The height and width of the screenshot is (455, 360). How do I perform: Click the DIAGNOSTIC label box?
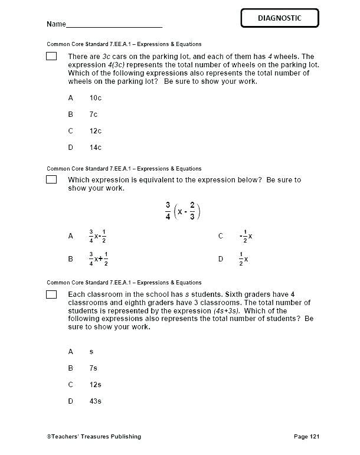click(x=279, y=18)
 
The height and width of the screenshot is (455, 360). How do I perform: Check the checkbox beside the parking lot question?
click(x=51, y=56)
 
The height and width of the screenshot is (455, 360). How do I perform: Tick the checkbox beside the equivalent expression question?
click(x=51, y=179)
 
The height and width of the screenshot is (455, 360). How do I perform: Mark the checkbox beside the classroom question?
click(x=51, y=294)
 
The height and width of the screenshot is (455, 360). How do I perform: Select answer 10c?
click(x=96, y=97)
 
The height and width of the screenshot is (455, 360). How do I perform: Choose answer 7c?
click(x=93, y=114)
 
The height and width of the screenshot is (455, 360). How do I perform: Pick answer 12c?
click(x=96, y=130)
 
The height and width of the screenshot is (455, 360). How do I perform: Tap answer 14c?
click(x=96, y=147)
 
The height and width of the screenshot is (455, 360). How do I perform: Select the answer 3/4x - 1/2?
click(x=97, y=236)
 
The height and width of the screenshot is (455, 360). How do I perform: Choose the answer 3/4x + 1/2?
click(x=97, y=258)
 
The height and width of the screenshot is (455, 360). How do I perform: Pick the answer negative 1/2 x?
click(x=246, y=236)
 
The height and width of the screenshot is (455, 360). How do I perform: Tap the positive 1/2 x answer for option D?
click(x=243, y=258)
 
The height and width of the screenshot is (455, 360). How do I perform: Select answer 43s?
click(x=96, y=401)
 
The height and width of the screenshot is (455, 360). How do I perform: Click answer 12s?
click(x=96, y=384)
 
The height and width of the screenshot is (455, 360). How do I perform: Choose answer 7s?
click(x=93, y=368)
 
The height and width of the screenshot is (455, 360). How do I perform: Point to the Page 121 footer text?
click(x=306, y=437)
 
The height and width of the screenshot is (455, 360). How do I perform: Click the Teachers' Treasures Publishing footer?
click(x=94, y=437)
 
